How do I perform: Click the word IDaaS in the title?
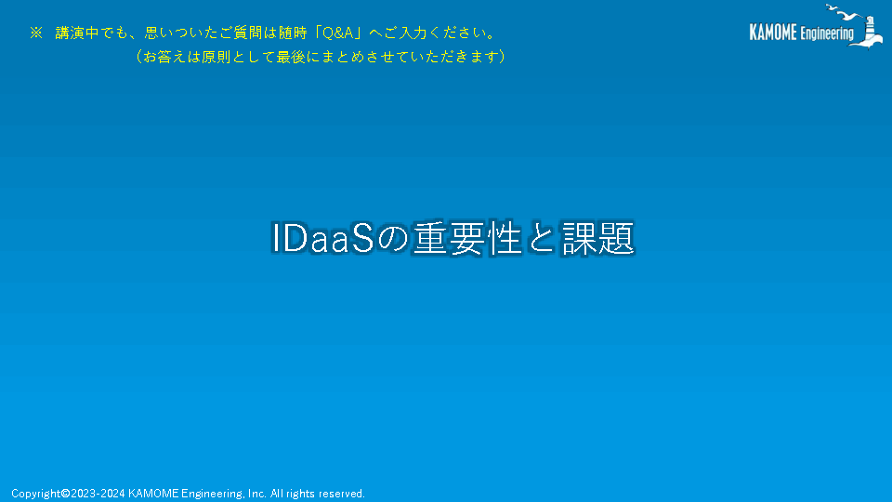pyautogui.click(x=322, y=238)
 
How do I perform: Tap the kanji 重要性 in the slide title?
pyautogui.click(x=467, y=238)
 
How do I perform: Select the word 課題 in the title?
pyautogui.click(x=597, y=238)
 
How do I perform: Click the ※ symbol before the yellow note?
pyautogui.click(x=36, y=33)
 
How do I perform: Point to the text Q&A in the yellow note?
pyautogui.click(x=338, y=33)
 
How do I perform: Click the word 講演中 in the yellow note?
pyautogui.click(x=77, y=33)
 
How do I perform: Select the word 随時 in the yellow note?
pyautogui.click(x=293, y=33)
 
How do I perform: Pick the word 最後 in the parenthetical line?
pyautogui.click(x=291, y=57)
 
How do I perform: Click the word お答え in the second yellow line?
pyautogui.click(x=164, y=57)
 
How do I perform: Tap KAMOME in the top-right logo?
pyautogui.click(x=773, y=33)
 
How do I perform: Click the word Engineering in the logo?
pyautogui.click(x=827, y=33)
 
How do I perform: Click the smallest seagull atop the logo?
pyautogui.click(x=831, y=8)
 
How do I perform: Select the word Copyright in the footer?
pyautogui.click(x=36, y=494)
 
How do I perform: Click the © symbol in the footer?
pyautogui.click(x=65, y=494)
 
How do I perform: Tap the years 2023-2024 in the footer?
pyautogui.click(x=98, y=494)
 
